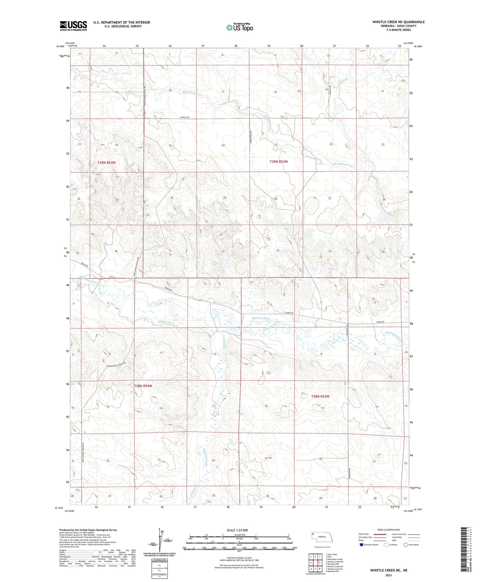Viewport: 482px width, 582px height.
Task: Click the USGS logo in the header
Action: [x=73, y=25]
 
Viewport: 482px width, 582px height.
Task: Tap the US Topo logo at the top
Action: [x=239, y=27]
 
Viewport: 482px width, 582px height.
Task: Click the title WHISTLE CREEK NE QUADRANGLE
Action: [x=399, y=22]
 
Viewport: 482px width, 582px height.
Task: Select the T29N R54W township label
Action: [x=106, y=162]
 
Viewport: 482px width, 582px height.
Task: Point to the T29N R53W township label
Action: [x=279, y=161]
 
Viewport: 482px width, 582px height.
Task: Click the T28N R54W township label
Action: [x=143, y=386]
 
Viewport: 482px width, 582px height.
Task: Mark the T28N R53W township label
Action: [x=320, y=396]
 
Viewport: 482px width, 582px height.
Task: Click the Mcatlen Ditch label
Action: [x=261, y=319]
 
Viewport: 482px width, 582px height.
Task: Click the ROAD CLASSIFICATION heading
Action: [x=389, y=530]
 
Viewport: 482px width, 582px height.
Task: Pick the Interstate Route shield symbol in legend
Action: [x=362, y=545]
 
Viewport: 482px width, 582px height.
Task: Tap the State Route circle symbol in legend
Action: [x=406, y=545]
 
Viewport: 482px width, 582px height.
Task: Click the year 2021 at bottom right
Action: [x=388, y=575]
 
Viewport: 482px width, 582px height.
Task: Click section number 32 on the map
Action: [x=223, y=251]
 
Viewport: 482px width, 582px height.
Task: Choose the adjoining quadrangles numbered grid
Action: [x=315, y=563]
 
